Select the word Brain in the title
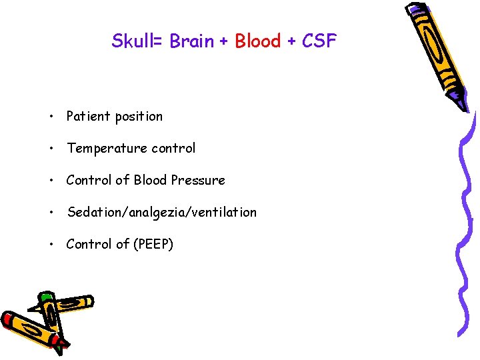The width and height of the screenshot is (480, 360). tap(192, 41)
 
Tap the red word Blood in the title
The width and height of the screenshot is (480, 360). tap(258, 41)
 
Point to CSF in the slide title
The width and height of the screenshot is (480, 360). tap(319, 41)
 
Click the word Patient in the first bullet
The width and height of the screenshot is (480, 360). tap(88, 117)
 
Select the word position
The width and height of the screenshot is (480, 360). tap(138, 117)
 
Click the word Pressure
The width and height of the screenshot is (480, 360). tap(198, 180)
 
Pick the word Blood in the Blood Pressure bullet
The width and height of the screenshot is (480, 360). tap(151, 180)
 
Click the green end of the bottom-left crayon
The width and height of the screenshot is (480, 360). tap(45, 297)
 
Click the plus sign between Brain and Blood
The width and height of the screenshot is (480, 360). tap(224, 41)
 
